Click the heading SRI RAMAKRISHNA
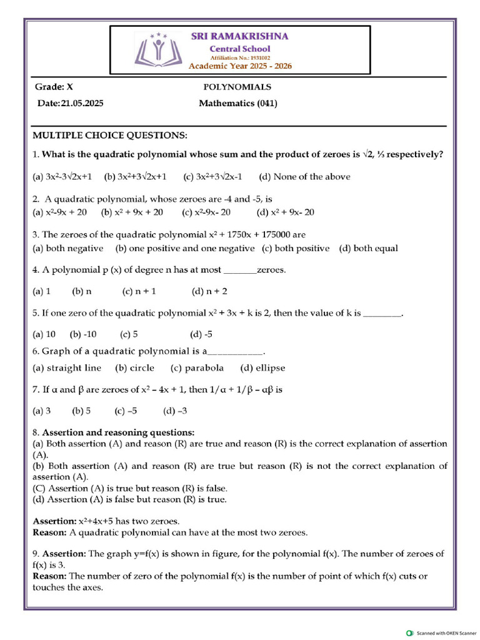pyautogui.click(x=239, y=36)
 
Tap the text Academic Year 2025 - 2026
pyautogui.click(x=240, y=66)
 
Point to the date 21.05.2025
pyautogui.click(x=82, y=104)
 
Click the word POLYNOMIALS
pyautogui.click(x=237, y=87)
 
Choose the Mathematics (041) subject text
pyautogui.click(x=237, y=104)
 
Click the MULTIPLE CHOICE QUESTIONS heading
pyautogui.click(x=109, y=136)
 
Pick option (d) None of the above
pyautogui.click(x=304, y=177)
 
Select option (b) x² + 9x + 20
pyautogui.click(x=132, y=212)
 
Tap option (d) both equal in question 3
pyautogui.click(x=368, y=249)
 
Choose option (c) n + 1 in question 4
pyautogui.click(x=139, y=291)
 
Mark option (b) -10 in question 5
pyautogui.click(x=83, y=334)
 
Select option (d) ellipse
pyautogui.click(x=262, y=368)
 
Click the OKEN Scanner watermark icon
pyautogui.click(x=410, y=632)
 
